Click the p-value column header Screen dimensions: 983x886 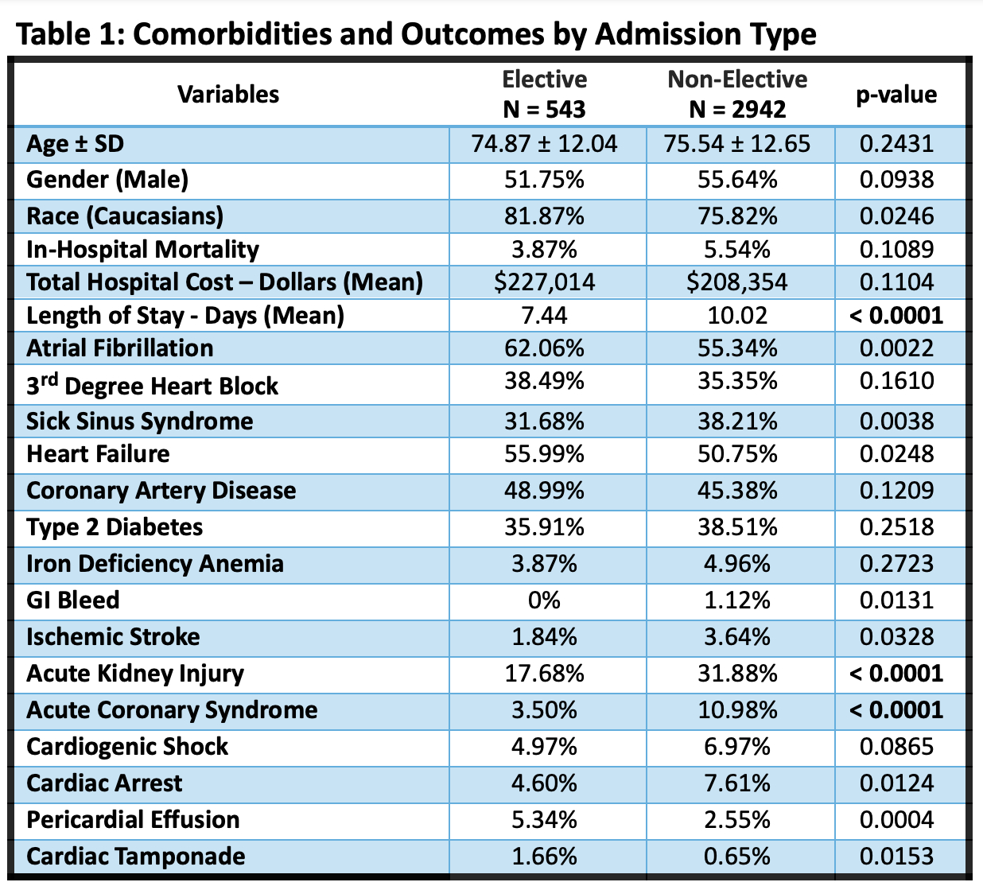896,95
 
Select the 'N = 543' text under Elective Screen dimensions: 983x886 544,109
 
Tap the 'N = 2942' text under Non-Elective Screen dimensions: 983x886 737,109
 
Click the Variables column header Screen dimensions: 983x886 228,94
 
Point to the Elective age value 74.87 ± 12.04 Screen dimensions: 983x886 544,144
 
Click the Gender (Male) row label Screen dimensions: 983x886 107,180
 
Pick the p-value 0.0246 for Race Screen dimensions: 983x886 896,216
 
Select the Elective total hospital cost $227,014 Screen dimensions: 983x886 544,282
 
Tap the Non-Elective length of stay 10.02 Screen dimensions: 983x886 737,315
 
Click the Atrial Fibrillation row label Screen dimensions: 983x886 120,348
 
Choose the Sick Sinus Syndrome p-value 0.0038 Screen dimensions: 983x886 896,421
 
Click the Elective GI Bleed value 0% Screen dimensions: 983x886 544,600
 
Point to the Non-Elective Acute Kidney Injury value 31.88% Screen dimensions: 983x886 737,673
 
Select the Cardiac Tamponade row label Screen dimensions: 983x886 136,856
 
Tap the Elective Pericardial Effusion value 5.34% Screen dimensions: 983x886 544,819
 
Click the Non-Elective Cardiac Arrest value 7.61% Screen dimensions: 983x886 737,783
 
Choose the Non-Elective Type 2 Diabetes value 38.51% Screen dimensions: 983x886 737,527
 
